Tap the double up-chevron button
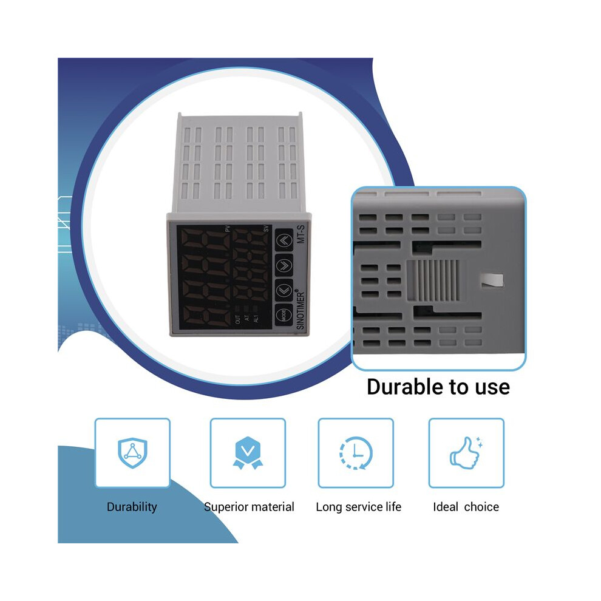point(284,240)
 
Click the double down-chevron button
point(284,265)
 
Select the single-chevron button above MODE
point(284,290)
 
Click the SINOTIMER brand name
point(300,310)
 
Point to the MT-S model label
point(300,234)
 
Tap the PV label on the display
point(227,228)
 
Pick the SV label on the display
point(266,229)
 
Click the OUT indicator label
point(237,319)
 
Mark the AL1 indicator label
point(256,319)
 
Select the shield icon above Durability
point(132,453)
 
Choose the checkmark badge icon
point(248,453)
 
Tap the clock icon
point(356,453)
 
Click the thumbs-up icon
point(466,453)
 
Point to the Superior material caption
point(249,507)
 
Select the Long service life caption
point(358,507)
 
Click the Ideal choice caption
point(466,507)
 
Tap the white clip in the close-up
point(492,280)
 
